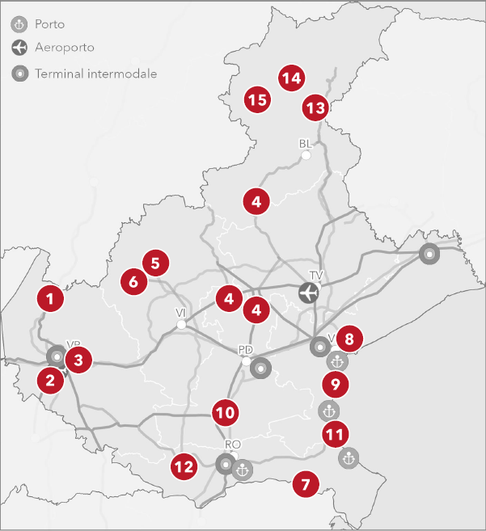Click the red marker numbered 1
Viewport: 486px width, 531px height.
click(50, 298)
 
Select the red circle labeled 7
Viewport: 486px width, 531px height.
click(305, 485)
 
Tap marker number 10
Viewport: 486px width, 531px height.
click(226, 413)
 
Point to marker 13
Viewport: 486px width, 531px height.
click(315, 107)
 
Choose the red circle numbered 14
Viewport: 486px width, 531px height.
click(291, 78)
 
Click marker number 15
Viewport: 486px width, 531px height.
click(257, 100)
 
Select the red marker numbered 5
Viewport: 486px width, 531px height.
click(155, 262)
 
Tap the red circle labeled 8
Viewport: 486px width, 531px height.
click(349, 338)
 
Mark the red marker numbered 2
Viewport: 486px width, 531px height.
click(50, 379)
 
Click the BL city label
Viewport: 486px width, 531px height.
click(305, 144)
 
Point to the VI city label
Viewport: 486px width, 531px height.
click(181, 312)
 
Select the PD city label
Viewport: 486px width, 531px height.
click(246, 350)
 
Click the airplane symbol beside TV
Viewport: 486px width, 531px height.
click(308, 293)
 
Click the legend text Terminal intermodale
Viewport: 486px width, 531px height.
click(95, 74)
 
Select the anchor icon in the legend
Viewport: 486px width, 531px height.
click(19, 24)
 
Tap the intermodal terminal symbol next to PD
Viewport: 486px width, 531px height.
click(260, 369)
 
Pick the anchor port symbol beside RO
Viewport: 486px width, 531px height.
click(241, 469)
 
